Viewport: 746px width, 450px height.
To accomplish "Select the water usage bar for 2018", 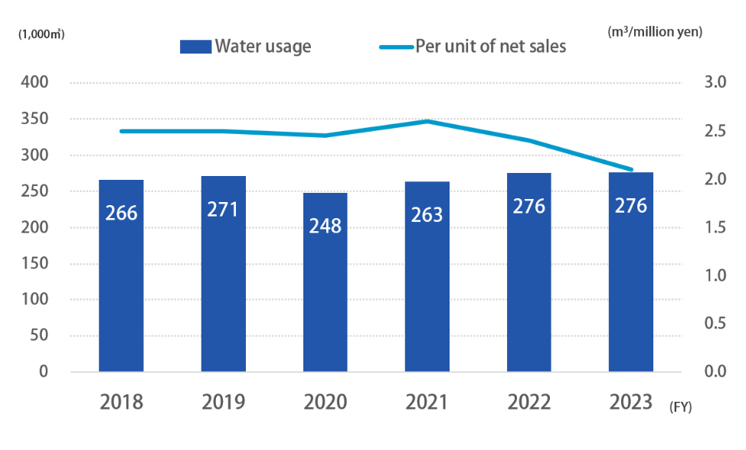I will (121, 276).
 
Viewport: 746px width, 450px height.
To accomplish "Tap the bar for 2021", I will (427, 276).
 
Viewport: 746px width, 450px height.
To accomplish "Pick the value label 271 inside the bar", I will (223, 208).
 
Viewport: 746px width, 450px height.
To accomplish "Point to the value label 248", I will (325, 226).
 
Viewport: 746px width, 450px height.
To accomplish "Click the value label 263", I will (427, 214).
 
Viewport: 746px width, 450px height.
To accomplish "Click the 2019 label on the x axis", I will (223, 402).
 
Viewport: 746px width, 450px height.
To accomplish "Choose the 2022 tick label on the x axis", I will (528, 402).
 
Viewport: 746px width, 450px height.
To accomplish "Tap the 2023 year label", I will (630, 402).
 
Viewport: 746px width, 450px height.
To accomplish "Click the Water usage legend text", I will (263, 46).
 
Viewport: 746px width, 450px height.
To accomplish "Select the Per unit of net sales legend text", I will (490, 46).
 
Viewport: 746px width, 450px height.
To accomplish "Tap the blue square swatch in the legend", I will (195, 47).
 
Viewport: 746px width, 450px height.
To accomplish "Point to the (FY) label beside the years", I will (679, 407).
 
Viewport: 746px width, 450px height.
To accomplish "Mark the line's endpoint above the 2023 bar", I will (630, 169).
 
